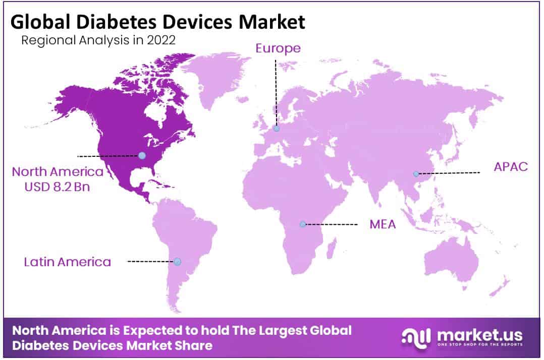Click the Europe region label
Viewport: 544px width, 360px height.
click(x=278, y=48)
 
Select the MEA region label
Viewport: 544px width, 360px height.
click(x=383, y=224)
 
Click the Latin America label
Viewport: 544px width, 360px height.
click(x=67, y=262)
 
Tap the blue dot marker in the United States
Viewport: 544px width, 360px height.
click(x=142, y=156)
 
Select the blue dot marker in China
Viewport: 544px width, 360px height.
click(x=416, y=174)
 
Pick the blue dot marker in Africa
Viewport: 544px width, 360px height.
click(x=303, y=224)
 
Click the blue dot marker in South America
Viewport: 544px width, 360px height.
click(x=177, y=261)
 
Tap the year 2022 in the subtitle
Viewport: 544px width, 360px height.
click(x=161, y=40)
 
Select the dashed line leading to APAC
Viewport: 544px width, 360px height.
click(x=448, y=172)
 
